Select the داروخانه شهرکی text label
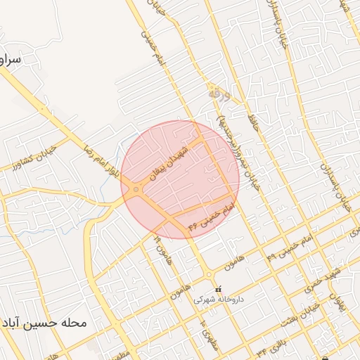tap(219, 299)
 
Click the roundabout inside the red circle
tap(136, 188)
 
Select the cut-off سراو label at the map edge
tap(10, 60)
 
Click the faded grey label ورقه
tap(215, 92)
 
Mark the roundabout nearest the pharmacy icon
tap(209, 275)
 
